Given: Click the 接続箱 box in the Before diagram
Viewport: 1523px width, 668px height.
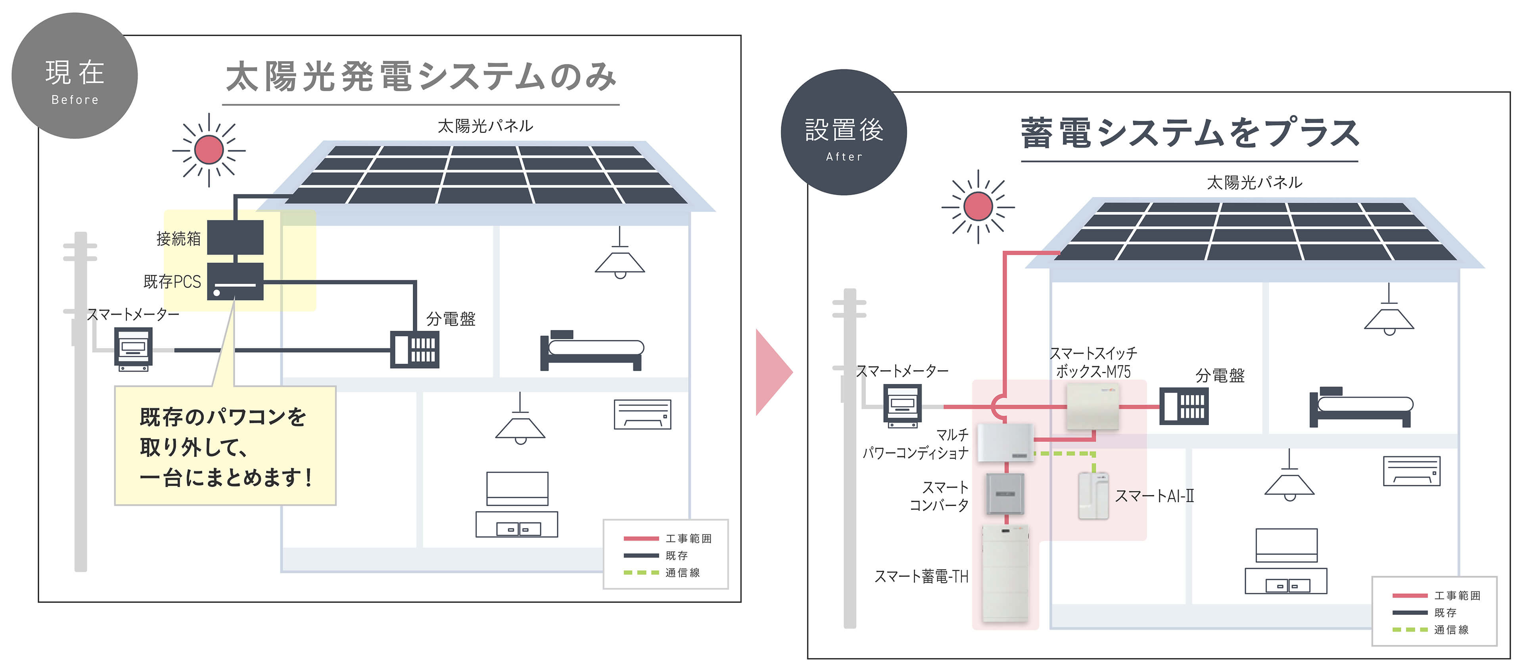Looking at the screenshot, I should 235,237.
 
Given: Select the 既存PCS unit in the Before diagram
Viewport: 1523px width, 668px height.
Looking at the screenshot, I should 235,281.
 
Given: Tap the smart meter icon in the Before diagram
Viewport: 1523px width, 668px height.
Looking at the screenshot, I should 133,349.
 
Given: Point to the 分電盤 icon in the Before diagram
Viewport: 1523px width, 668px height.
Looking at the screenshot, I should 414,349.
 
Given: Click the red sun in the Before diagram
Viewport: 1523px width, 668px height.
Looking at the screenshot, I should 209,150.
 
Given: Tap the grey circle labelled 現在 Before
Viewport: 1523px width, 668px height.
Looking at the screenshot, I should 75,76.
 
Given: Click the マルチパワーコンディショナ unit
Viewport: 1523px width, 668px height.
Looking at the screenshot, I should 1005,443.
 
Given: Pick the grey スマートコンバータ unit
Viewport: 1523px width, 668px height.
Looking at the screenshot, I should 1005,493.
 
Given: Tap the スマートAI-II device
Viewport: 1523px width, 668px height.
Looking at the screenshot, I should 1093,496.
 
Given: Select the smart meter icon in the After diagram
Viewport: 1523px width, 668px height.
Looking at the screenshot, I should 902,405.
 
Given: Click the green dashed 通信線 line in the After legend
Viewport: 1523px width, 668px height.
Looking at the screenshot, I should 1410,630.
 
